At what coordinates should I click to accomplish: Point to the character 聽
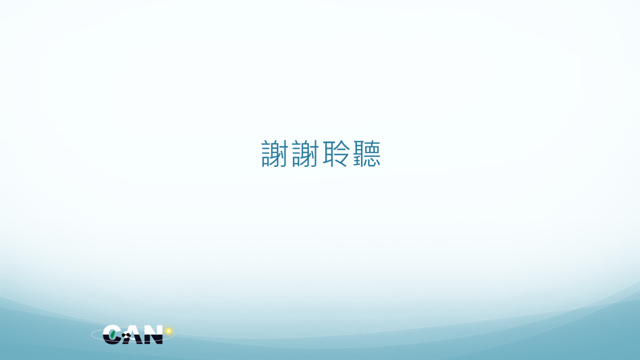(367, 153)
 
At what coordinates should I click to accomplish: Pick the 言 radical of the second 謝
(296, 153)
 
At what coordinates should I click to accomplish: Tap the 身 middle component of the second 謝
(305, 153)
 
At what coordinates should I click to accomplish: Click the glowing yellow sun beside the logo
(168, 331)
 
